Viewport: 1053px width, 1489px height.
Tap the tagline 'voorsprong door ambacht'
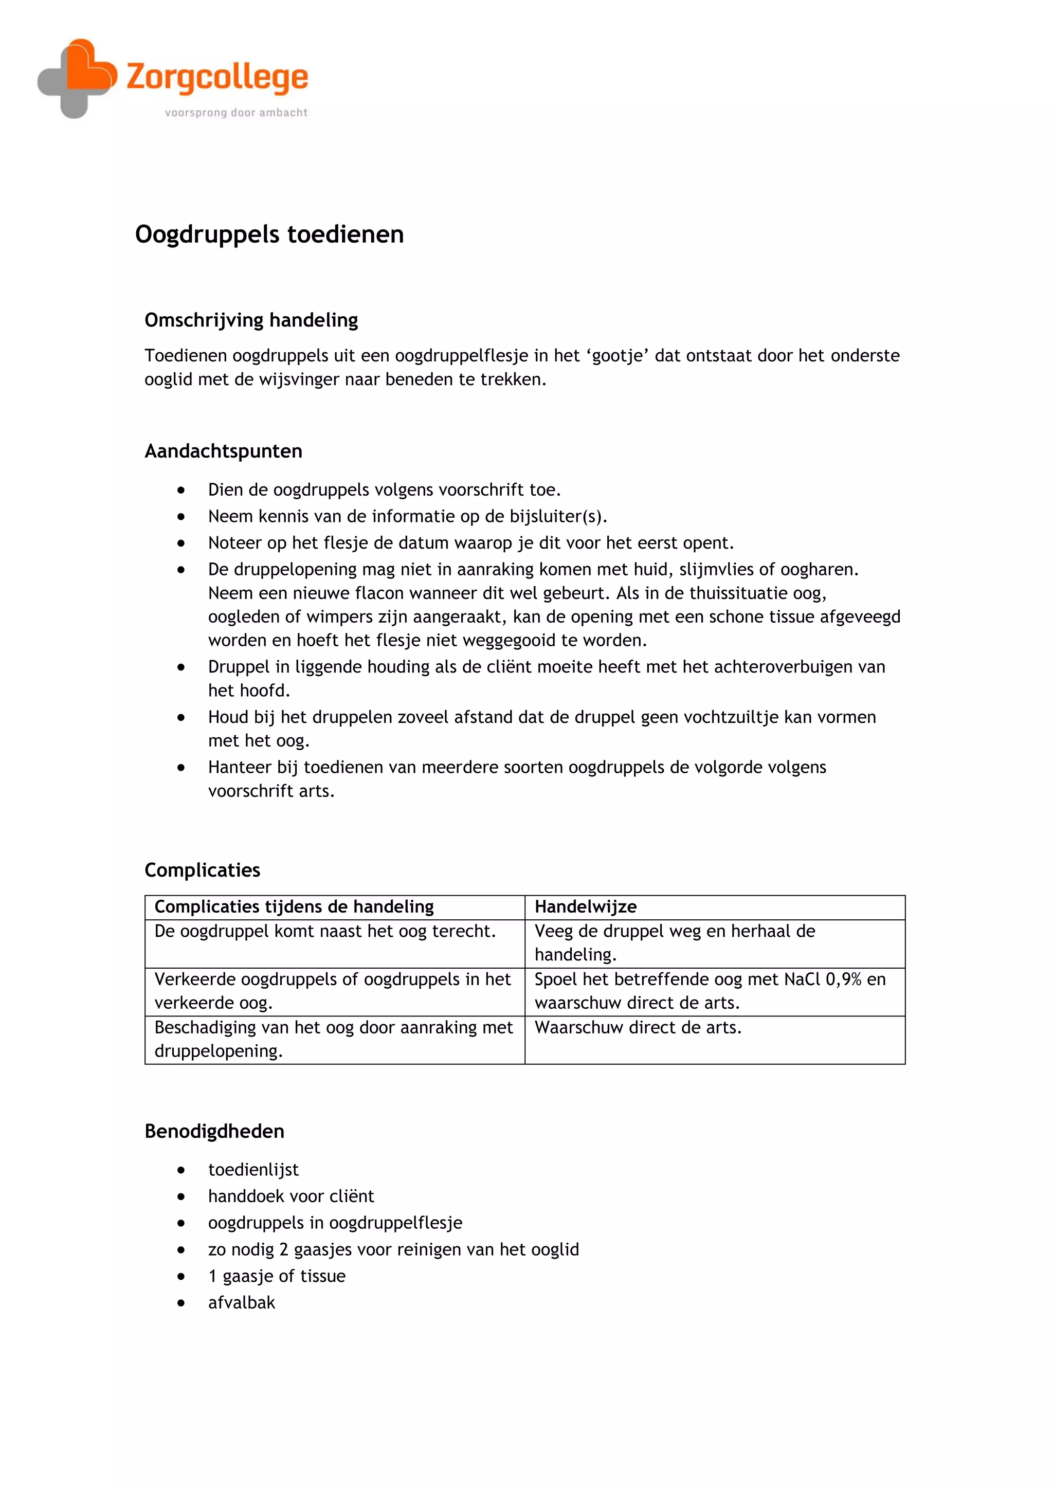[x=236, y=113]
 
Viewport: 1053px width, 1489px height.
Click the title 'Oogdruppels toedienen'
[x=269, y=234]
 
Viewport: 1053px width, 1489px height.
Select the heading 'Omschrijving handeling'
[x=251, y=320]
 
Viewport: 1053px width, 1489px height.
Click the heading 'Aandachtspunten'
[x=223, y=451]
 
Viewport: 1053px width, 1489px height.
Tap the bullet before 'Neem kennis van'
[x=181, y=516]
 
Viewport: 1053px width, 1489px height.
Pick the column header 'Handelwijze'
[x=586, y=906]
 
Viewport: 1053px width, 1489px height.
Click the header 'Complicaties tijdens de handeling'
[x=294, y=906]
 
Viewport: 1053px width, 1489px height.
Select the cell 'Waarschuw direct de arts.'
[x=638, y=1027]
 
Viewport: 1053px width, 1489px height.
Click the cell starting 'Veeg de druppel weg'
[x=675, y=942]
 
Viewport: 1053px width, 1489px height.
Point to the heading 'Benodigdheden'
[x=214, y=1131]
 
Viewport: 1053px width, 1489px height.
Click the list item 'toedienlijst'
[x=253, y=1169]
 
